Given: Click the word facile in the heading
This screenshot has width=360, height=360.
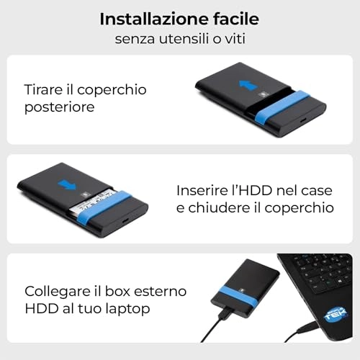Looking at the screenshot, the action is pyautogui.click(x=235, y=19).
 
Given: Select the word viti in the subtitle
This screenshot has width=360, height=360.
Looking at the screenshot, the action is pyautogui.click(x=235, y=39).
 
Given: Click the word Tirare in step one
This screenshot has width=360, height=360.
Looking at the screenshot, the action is pyautogui.click(x=43, y=89).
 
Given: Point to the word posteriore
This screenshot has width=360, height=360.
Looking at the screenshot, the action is pyautogui.click(x=59, y=107).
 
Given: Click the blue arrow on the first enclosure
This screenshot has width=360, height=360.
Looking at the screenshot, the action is pyautogui.click(x=248, y=86).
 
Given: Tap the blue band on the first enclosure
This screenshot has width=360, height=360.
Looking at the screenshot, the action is pyautogui.click(x=282, y=106).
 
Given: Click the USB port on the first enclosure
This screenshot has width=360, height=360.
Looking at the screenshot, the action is pyautogui.click(x=303, y=120).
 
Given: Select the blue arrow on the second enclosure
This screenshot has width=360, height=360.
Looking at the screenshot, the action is pyautogui.click(x=67, y=185).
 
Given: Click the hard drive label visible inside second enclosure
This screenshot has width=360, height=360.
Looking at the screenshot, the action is pyautogui.click(x=94, y=201).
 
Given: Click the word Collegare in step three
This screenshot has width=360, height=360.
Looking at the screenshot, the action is pyautogui.click(x=57, y=292).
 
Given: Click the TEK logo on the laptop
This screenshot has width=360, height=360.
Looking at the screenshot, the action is pyautogui.click(x=336, y=315).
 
